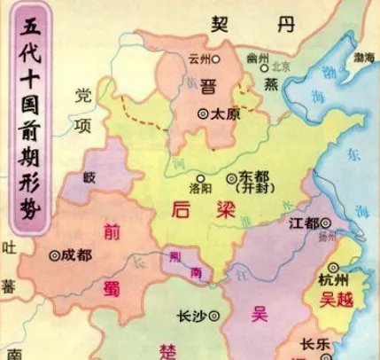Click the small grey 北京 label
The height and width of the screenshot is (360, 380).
coord(282,64)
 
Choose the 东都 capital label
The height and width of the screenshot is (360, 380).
coord(252,176)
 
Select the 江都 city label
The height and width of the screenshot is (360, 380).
coord(302,223)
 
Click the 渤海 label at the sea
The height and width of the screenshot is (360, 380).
coord(361,55)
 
